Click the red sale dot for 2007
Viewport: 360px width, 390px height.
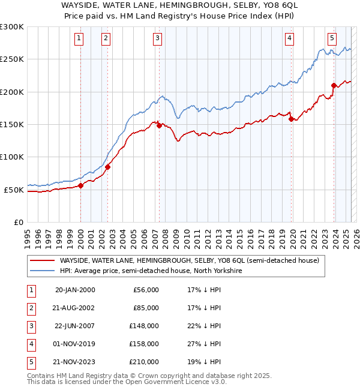159,125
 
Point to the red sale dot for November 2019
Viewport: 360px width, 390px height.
291,119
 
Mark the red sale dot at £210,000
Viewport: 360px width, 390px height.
334,85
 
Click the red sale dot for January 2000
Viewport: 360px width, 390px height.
81,185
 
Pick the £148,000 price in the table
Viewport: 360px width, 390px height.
144,326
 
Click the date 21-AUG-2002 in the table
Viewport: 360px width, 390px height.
75,308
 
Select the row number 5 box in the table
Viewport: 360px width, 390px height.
30,362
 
